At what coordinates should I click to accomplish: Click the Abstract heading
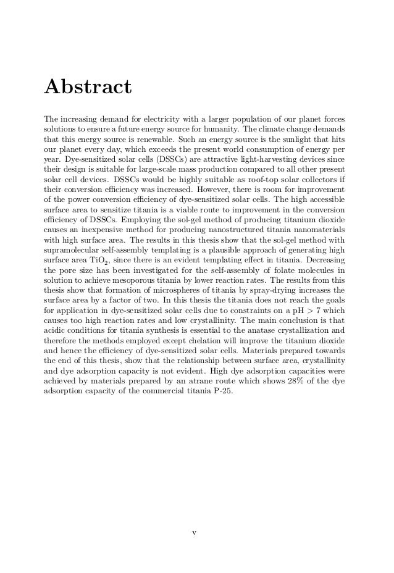[x=87, y=86]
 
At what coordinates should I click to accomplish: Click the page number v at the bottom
[x=194, y=531]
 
